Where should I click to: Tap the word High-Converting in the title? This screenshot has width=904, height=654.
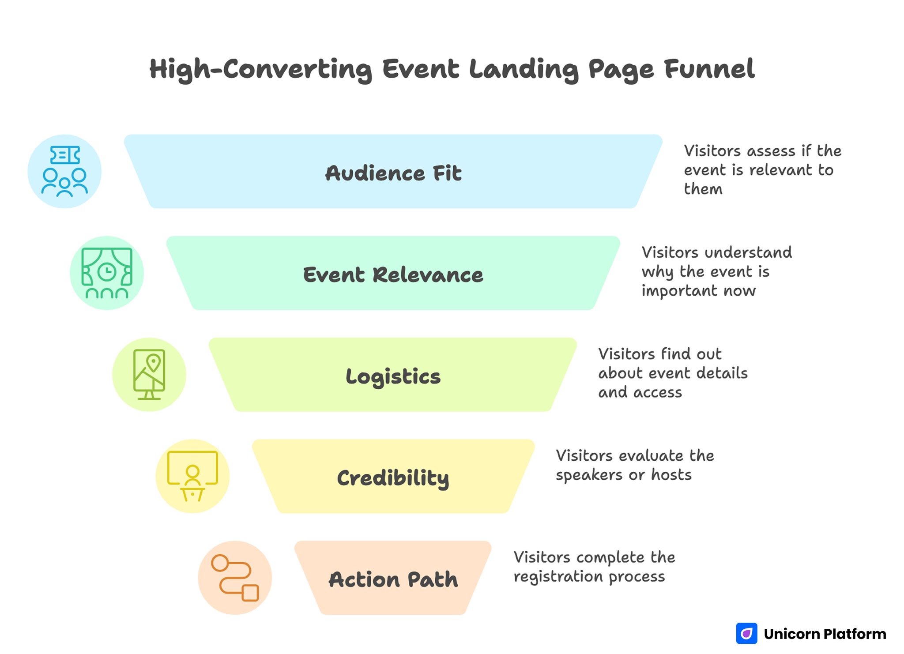pyautogui.click(x=260, y=70)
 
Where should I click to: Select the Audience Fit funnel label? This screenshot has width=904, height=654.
pyautogui.click(x=393, y=173)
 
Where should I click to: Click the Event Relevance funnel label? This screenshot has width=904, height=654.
pyautogui.click(x=393, y=275)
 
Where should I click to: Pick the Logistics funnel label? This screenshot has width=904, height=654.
pyautogui.click(x=393, y=376)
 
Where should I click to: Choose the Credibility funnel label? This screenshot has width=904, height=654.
pyautogui.click(x=393, y=478)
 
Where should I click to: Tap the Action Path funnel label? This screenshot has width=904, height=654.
pyautogui.click(x=393, y=579)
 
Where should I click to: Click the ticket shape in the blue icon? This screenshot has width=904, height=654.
pyautogui.click(x=65, y=155)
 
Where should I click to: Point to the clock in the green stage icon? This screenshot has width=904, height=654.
pyautogui.click(x=107, y=272)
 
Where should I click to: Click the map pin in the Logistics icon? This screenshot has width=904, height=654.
pyautogui.click(x=153, y=363)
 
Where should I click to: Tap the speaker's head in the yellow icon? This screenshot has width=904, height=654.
pyautogui.click(x=192, y=472)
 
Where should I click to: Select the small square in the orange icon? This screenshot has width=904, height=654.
pyautogui.click(x=250, y=593)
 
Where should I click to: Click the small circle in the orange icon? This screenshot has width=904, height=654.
pyautogui.click(x=220, y=563)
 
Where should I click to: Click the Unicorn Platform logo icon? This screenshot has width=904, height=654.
pyautogui.click(x=746, y=634)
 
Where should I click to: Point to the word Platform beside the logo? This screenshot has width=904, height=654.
pyautogui.click(x=855, y=634)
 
